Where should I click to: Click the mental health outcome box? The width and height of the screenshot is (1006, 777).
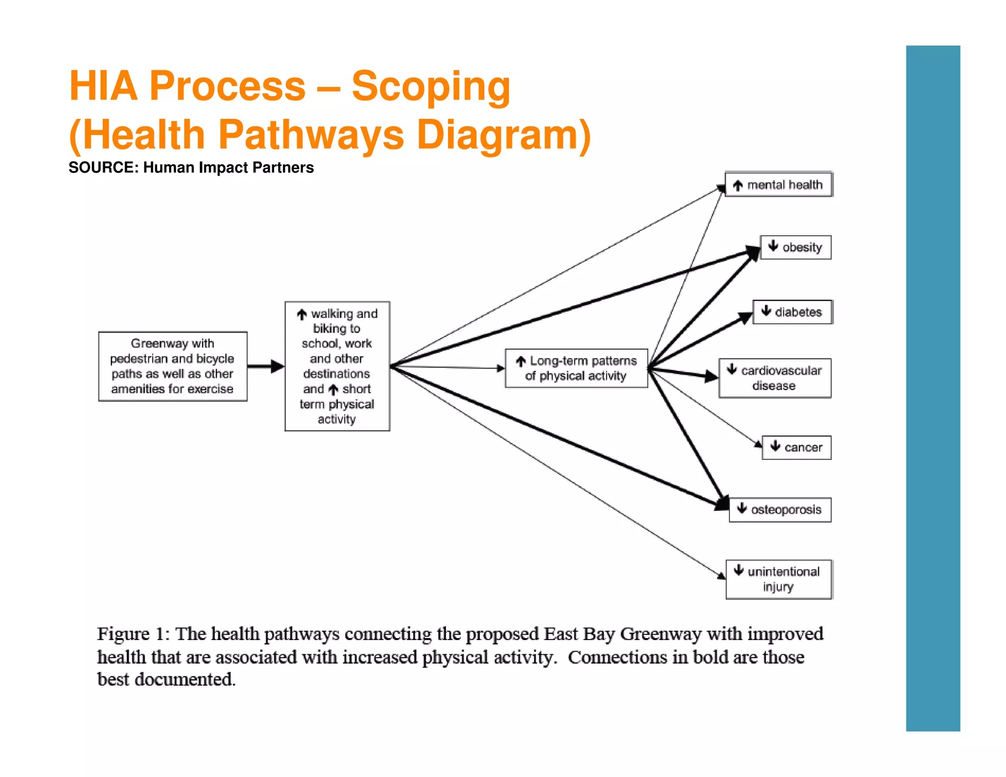click(x=779, y=184)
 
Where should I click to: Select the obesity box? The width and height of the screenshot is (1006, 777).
click(x=795, y=247)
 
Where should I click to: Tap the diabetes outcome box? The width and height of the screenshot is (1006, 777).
click(x=792, y=312)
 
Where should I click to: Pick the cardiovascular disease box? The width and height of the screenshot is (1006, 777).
click(x=775, y=378)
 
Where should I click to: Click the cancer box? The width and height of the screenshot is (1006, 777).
click(x=796, y=447)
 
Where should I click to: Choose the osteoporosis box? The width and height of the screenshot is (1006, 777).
click(x=780, y=510)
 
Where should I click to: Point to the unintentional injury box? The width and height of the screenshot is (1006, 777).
click(x=779, y=579)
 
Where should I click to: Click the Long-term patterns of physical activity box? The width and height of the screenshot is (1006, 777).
click(x=576, y=368)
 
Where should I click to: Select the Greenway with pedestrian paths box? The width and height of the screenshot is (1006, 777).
click(x=172, y=366)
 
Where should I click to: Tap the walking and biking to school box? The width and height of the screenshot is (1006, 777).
click(x=337, y=366)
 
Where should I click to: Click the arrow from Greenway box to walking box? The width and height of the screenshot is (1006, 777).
click(x=266, y=366)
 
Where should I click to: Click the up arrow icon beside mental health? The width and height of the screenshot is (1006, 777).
click(x=737, y=186)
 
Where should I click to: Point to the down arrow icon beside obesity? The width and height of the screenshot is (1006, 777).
click(x=773, y=246)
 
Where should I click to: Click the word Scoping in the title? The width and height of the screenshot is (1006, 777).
click(x=431, y=86)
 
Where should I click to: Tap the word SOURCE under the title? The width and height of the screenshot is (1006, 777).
click(x=103, y=167)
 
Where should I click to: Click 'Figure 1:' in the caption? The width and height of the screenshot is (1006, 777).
click(x=133, y=634)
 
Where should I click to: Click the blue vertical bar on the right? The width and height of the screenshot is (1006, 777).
click(x=932, y=388)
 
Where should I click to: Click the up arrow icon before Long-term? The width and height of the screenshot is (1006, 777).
click(x=521, y=362)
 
